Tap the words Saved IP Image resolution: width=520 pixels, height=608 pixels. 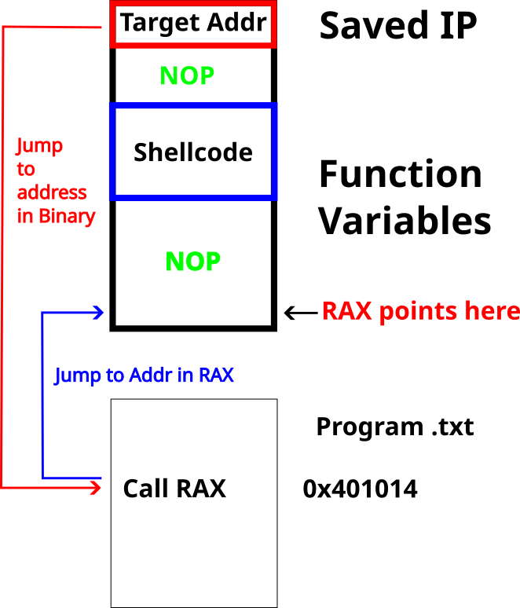pyautogui.click(x=397, y=26)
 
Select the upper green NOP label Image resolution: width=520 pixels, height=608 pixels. pyautogui.click(x=187, y=75)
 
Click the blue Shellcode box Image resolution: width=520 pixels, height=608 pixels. pyautogui.click(x=193, y=152)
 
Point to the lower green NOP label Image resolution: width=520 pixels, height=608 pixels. pyautogui.click(x=193, y=261)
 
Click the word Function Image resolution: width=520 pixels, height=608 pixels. pyautogui.click(x=400, y=174)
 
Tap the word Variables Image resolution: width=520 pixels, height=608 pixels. pyautogui.click(x=405, y=222)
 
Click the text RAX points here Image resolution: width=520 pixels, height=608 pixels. pyautogui.click(x=420, y=311)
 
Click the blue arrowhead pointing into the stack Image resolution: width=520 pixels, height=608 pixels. pyautogui.click(x=99, y=313)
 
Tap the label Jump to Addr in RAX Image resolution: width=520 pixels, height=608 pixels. pyautogui.click(x=145, y=375)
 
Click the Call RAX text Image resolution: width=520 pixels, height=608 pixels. pyautogui.click(x=174, y=489)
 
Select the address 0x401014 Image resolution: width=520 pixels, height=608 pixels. pyautogui.click(x=360, y=489)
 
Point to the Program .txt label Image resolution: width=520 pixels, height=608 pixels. pyautogui.click(x=394, y=427)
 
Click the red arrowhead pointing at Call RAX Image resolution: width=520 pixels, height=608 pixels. pyautogui.click(x=97, y=488)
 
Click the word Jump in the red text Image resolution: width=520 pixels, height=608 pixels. pyautogui.click(x=39, y=146)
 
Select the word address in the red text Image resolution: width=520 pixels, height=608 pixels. pyautogui.click(x=52, y=192)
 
